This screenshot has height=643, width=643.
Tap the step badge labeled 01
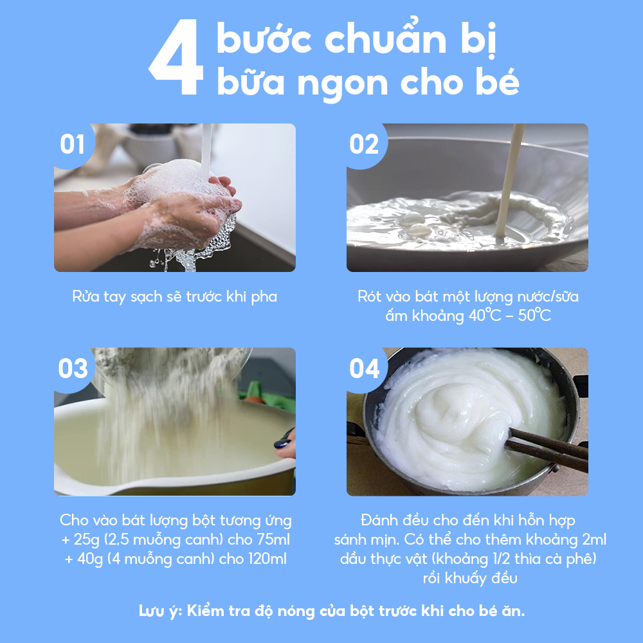(x=72, y=145)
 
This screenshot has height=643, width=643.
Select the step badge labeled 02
(x=364, y=145)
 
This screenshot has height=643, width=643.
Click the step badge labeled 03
(x=73, y=368)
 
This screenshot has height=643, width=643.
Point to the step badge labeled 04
(x=365, y=368)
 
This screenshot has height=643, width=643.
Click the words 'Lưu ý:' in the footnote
(x=161, y=610)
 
